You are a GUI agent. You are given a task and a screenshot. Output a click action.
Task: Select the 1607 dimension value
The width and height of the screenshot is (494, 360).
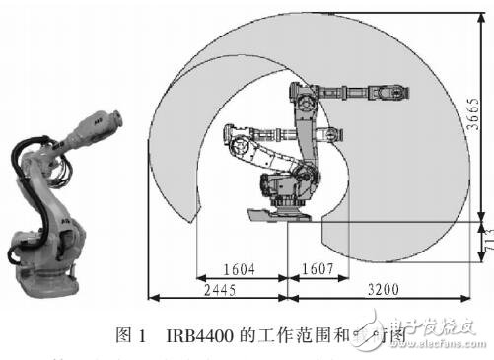pyautogui.click(x=318, y=267)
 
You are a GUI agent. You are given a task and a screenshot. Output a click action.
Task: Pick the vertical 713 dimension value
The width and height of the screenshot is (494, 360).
pyautogui.click(x=477, y=240)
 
